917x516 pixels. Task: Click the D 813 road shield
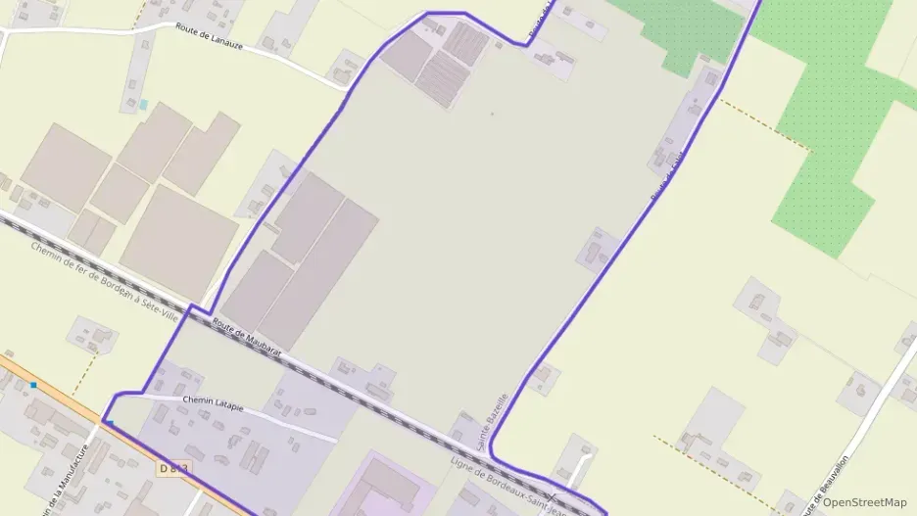tap(171, 470)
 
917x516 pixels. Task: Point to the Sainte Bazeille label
tap(493, 422)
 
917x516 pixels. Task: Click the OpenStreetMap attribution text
tap(864, 502)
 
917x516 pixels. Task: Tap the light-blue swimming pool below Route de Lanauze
tap(144, 104)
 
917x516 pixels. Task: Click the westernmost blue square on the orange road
tap(33, 385)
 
